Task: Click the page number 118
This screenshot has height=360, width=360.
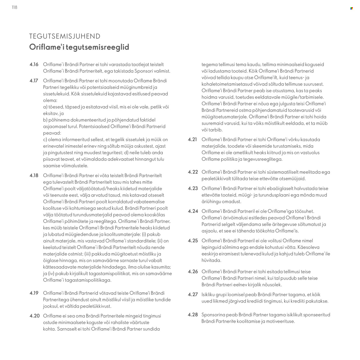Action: click(x=15, y=7)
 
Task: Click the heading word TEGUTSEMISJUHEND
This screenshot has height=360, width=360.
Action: click(x=65, y=36)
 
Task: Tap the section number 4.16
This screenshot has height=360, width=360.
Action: click(x=34, y=65)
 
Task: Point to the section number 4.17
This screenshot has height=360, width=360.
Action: click(x=34, y=81)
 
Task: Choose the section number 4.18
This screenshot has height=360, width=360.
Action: click(x=34, y=176)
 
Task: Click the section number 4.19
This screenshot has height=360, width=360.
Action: click(x=34, y=293)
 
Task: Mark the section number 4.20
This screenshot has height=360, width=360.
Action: click(x=35, y=316)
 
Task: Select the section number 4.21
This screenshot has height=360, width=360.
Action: click(x=193, y=140)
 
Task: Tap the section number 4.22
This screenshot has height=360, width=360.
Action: click(x=193, y=172)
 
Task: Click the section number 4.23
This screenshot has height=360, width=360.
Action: click(x=193, y=189)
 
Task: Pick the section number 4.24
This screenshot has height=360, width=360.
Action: click(x=193, y=211)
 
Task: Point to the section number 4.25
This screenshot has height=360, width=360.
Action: click(x=193, y=241)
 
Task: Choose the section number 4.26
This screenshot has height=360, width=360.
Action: click(x=193, y=272)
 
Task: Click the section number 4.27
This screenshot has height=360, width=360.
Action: click(x=193, y=295)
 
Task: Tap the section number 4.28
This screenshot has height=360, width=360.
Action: click(x=193, y=315)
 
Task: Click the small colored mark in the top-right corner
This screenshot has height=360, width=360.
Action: click(x=352, y=8)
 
